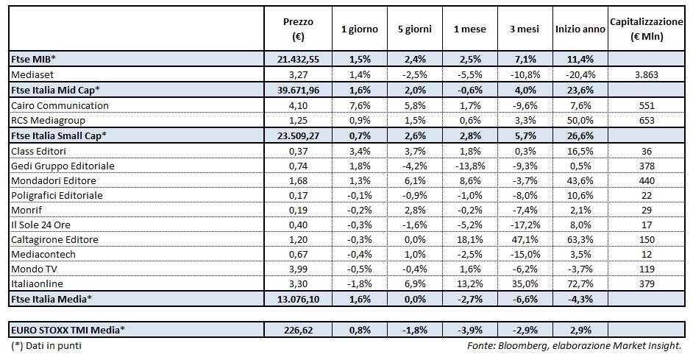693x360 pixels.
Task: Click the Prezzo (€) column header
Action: pyautogui.click(x=298, y=29)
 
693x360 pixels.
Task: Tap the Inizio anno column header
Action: pyautogui.click(x=580, y=29)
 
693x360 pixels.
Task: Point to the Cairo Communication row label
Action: pyautogui.click(x=60, y=105)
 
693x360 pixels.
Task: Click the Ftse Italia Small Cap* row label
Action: pyautogui.click(x=59, y=135)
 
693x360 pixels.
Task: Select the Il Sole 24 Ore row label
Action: pyautogui.click(x=41, y=225)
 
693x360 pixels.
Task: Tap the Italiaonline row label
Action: pyautogui.click(x=37, y=283)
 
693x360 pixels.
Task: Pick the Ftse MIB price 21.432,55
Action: pyautogui.click(x=298, y=60)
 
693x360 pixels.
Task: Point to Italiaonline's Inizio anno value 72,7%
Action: pyautogui.click(x=580, y=283)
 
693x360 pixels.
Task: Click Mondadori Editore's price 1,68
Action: pyautogui.click(x=298, y=180)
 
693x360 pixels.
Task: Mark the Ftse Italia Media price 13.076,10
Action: pyautogui.click(x=298, y=299)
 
